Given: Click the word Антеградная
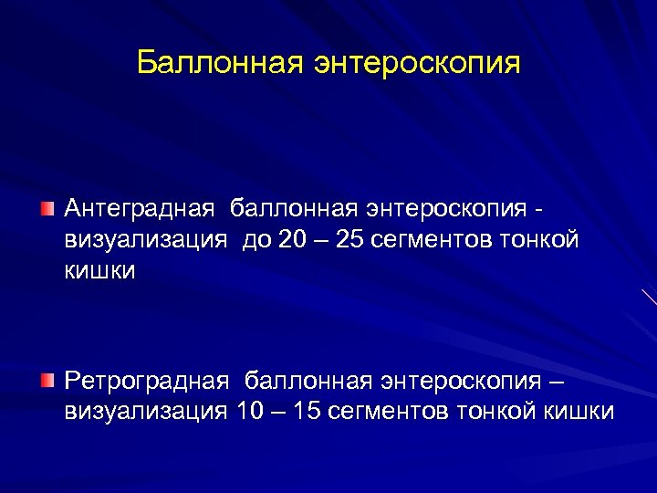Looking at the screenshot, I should tap(140, 209).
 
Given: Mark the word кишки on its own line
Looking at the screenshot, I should tap(99, 271).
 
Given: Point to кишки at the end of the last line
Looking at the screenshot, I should tap(579, 411).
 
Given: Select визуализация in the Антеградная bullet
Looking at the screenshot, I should tap(145, 240).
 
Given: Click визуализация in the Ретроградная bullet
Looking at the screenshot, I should tap(145, 411).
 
